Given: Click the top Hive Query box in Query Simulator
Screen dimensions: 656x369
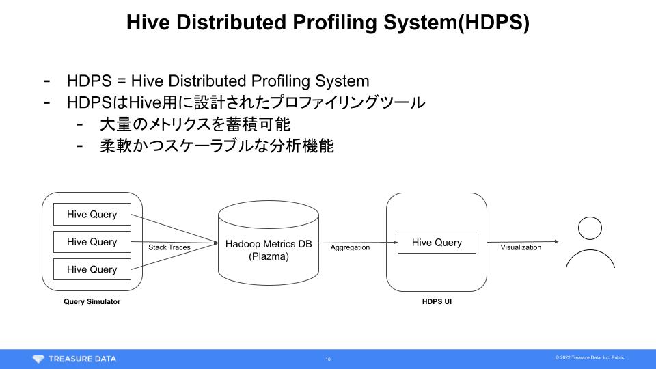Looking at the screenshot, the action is point(92,214).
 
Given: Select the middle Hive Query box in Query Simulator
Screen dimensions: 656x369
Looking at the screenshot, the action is point(92,242).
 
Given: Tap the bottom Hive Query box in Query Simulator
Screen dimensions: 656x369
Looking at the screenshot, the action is point(92,269).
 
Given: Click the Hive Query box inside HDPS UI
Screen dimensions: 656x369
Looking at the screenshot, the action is point(437,243).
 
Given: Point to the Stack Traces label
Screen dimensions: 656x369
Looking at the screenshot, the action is point(169,247).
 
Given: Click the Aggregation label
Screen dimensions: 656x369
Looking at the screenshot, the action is point(350,247).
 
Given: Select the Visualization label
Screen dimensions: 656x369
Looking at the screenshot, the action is point(521,247).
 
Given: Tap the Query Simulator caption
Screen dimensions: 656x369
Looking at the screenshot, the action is point(92,301).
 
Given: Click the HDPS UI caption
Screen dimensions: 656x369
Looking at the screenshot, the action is point(437,301).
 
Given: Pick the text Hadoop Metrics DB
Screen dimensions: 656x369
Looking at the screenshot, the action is point(269,244).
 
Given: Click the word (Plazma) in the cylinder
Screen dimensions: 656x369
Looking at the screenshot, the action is point(269,256).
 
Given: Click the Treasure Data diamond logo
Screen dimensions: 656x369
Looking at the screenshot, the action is point(38,359).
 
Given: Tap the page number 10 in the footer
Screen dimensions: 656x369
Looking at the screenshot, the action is point(328,359).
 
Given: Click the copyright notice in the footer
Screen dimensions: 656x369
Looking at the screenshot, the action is point(590,357).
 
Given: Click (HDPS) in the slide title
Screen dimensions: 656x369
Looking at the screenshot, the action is point(493,23).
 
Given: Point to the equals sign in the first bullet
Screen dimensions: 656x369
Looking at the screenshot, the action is point(122,81).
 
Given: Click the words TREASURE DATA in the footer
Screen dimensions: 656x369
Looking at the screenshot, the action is point(83,359).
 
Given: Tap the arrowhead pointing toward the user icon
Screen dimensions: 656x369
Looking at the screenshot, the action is point(556,241).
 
